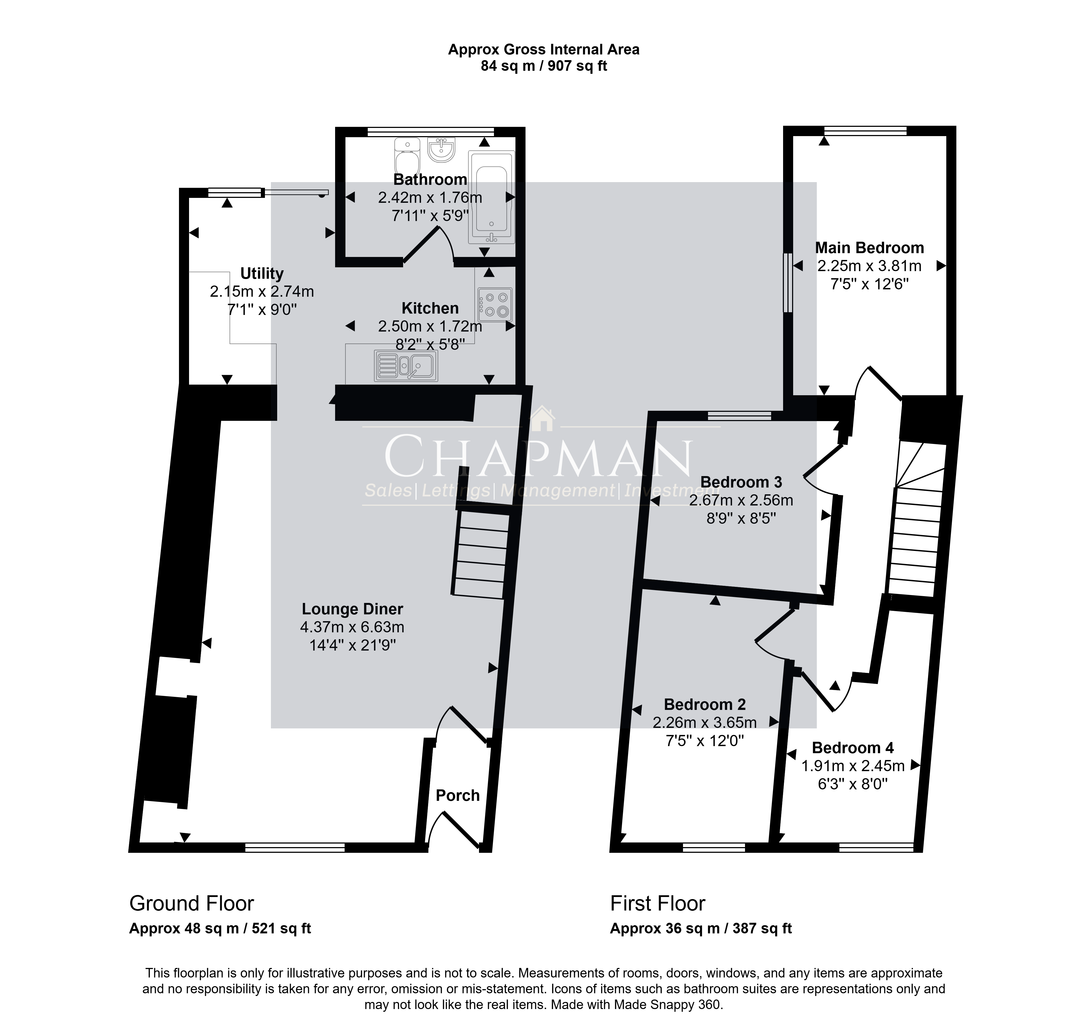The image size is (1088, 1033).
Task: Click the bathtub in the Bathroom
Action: coord(492,197)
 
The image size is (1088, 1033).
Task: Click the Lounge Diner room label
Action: coord(352,609)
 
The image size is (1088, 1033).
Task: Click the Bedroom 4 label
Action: coord(852,748)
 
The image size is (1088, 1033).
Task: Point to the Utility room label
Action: coord(262,274)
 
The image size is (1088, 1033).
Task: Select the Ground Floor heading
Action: coord(191,904)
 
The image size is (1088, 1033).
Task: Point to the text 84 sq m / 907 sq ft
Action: coord(544,66)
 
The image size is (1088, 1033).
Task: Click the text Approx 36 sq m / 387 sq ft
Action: coord(701,928)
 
